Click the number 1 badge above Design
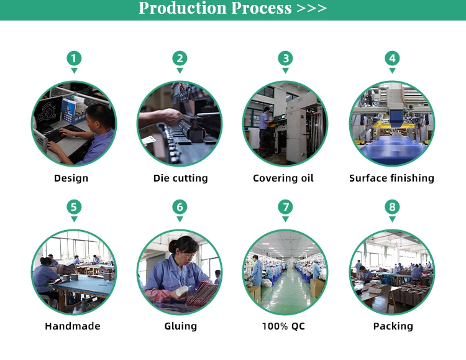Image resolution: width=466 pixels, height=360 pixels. coord(74,58)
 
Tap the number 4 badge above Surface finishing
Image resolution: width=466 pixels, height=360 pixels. coord(392,58)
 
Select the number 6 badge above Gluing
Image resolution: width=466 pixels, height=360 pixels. coord(180,207)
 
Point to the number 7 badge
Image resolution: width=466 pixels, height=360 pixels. coord(286,207)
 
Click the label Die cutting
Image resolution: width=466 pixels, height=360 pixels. coord(181,178)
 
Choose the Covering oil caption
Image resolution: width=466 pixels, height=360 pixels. coord(283,178)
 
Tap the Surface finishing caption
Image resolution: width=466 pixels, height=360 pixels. coord(391,178)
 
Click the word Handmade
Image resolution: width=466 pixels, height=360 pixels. coord(73,326)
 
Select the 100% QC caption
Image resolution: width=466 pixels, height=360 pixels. coord(283,326)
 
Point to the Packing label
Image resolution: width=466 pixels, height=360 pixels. coord(393,326)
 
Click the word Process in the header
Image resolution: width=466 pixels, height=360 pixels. coord(262,8)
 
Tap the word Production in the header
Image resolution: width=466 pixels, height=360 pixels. coord(183,8)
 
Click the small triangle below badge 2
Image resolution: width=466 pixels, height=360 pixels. coord(180,70)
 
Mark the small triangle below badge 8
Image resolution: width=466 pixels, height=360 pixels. coord(392,219)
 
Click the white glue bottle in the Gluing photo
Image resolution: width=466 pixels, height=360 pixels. coord(182,291)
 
